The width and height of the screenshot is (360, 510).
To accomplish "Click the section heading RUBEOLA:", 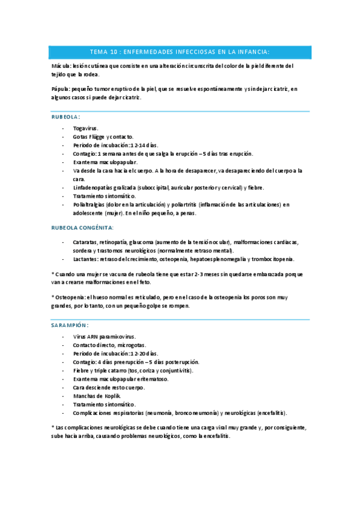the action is (x=66, y=117).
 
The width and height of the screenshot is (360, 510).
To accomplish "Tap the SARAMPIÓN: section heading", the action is (x=70, y=324).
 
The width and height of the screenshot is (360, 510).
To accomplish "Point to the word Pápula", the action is (x=61, y=89).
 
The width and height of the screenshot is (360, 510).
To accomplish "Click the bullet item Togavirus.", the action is (x=86, y=128).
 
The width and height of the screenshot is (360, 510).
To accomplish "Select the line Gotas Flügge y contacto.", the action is (x=103, y=137).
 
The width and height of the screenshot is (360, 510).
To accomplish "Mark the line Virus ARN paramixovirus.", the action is (x=104, y=337).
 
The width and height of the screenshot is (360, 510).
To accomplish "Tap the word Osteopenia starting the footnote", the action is (x=70, y=297).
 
